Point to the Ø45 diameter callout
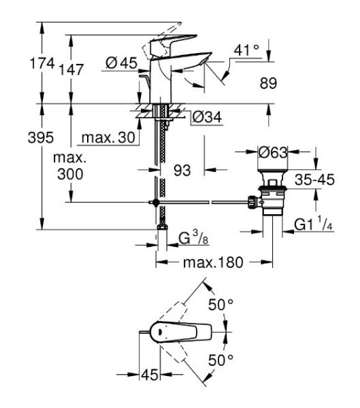point(122,63)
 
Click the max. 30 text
point(108,138)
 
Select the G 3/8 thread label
point(193,238)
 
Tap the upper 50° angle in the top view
point(220,305)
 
